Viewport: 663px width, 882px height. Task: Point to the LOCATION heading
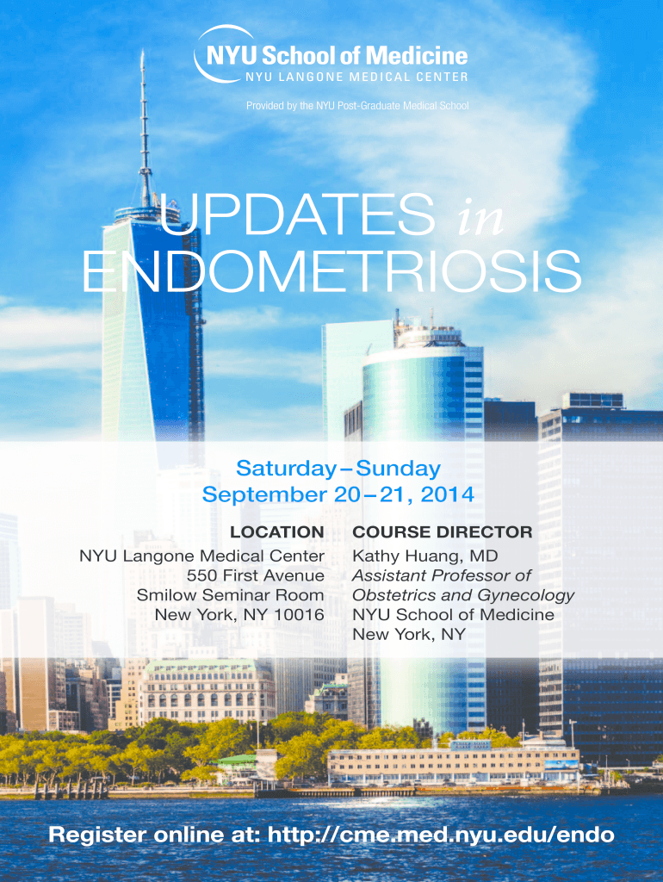[276, 532]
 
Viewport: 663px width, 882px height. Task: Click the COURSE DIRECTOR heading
[442, 532]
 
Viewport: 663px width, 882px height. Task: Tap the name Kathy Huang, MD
[412, 556]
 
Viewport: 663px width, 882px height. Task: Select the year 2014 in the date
[447, 495]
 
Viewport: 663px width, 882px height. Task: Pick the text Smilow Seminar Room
[230, 595]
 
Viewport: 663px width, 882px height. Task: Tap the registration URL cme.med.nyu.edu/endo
[441, 835]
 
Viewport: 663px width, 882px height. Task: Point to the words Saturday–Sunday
[338, 469]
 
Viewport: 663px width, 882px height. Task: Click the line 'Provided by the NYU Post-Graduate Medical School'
[357, 106]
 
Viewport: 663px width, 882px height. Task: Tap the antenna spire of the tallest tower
[145, 121]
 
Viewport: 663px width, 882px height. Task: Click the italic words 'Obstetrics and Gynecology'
[463, 595]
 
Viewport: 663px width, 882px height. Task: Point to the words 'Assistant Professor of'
[442, 575]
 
